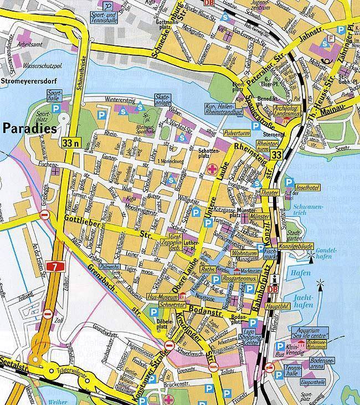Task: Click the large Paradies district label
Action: point(30,129)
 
